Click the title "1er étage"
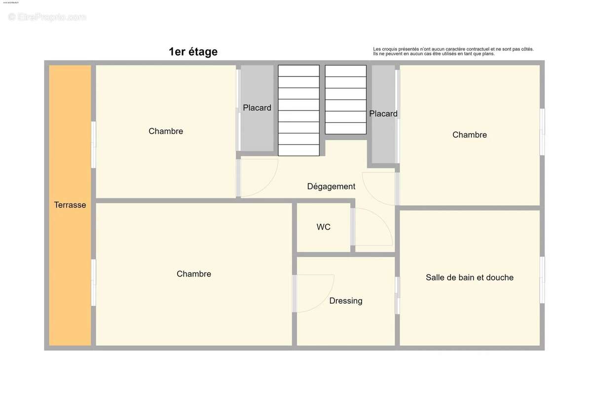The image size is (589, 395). tap(193, 52)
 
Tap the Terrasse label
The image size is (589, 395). tap(70, 205)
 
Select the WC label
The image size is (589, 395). tap(324, 227)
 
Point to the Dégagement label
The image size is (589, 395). tap(331, 187)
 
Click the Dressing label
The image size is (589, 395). tap(346, 301)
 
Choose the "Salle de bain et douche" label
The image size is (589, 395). tap(470, 277)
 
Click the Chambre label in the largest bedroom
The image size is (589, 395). tap(194, 274)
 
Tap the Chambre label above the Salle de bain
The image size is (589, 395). tap(470, 135)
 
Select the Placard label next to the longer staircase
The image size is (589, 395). tap(257, 108)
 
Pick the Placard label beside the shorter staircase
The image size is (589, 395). tap(383, 114)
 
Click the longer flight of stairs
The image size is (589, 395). tap(298, 111)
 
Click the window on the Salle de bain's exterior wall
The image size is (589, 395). tap(542, 279)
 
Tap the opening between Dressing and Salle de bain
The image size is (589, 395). tap(397, 295)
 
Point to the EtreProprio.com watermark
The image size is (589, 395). tap(47, 17)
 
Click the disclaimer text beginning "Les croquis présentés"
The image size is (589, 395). tap(453, 51)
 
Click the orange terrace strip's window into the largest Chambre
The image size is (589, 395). tap(93, 282)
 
